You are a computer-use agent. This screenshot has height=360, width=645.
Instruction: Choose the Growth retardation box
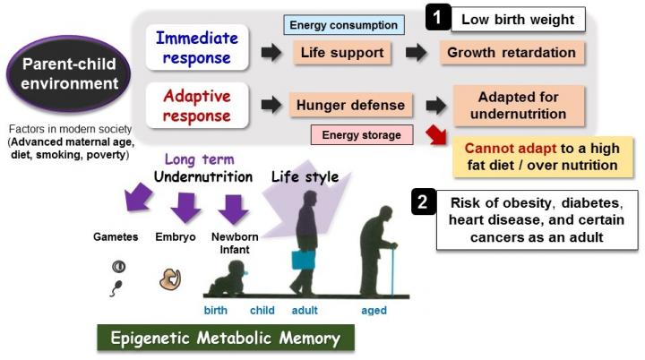pos(512,52)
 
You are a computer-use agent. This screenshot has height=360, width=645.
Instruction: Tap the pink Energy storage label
pos(364,136)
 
